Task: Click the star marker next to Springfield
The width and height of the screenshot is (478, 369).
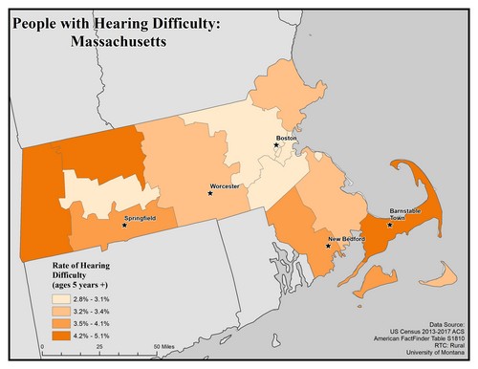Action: [123, 227]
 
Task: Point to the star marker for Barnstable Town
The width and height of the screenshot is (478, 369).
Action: [389, 227]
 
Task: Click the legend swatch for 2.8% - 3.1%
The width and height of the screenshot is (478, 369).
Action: [63, 299]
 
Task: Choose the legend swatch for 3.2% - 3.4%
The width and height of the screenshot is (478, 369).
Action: [63, 312]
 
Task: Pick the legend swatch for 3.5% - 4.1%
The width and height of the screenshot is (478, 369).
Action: [63, 324]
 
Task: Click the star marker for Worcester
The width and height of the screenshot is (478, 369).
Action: [210, 194]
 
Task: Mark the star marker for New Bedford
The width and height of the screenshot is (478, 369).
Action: [328, 246]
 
